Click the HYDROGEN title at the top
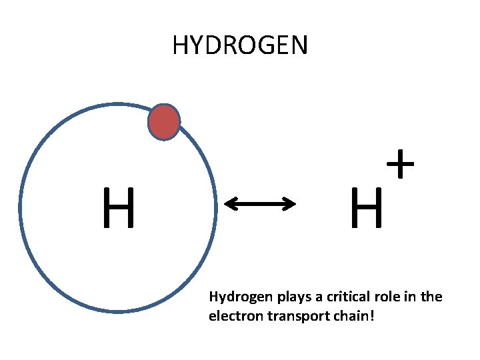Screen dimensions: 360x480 [x=240, y=45]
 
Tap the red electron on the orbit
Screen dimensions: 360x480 [x=163, y=122]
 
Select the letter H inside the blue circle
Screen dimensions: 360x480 [x=119, y=207]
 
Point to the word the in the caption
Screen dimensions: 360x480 [x=431, y=297]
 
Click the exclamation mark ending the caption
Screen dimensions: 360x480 [x=372, y=315]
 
